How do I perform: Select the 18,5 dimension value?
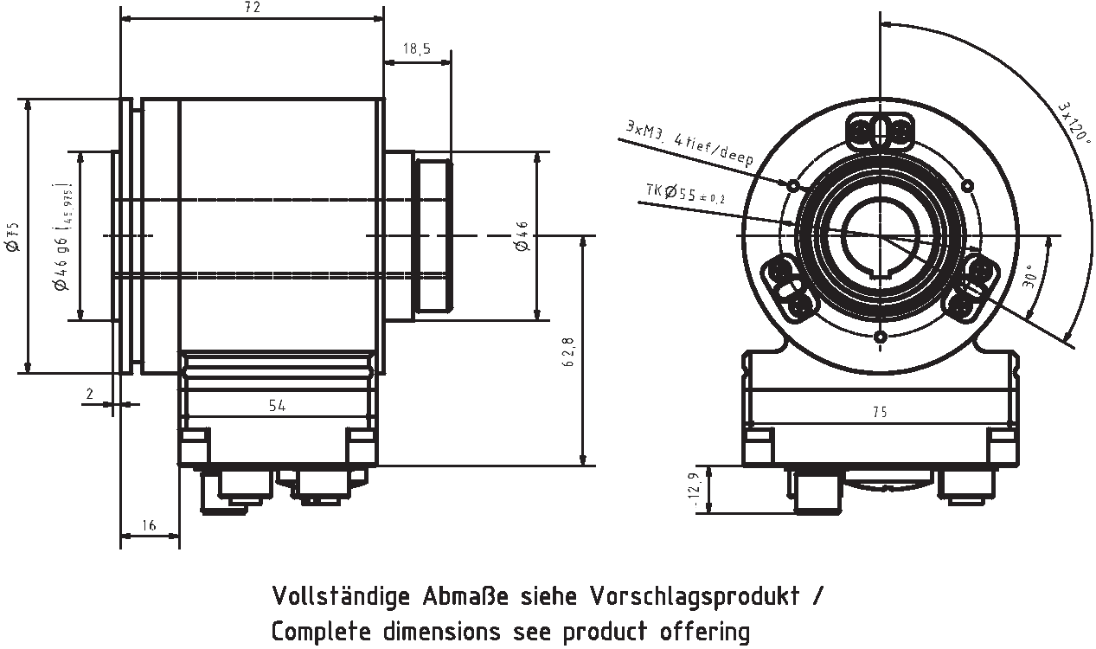[417, 49]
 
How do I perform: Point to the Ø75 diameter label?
[12, 236]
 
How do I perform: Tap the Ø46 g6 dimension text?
[61, 236]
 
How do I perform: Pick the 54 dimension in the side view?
[277, 405]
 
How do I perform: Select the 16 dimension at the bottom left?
[148, 525]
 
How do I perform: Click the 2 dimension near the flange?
[89, 394]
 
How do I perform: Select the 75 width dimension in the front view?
[880, 413]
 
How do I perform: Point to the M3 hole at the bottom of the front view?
[880, 337]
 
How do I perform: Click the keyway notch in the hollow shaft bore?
[880, 275]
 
